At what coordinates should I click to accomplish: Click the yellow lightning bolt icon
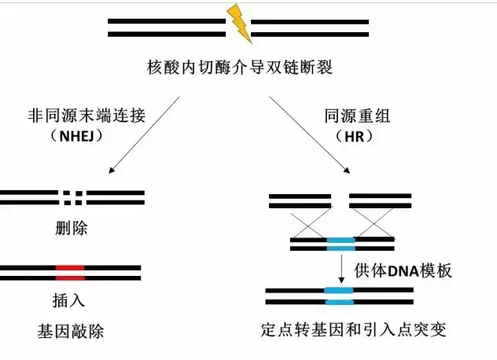[240, 24]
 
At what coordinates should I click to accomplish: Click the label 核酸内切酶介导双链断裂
[239, 67]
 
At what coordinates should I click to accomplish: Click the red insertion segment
[70, 273]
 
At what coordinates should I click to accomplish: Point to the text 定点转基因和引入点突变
[354, 330]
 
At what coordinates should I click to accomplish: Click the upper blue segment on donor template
[341, 244]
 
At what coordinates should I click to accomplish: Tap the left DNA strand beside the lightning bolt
[166, 27]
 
